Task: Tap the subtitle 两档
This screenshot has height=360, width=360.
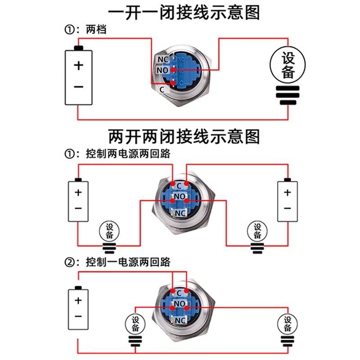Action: (96, 30)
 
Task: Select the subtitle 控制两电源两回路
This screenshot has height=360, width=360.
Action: (128, 153)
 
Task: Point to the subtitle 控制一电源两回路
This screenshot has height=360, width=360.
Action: (128, 262)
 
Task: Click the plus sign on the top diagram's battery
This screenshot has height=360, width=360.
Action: (79, 66)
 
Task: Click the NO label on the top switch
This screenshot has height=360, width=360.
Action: (162, 70)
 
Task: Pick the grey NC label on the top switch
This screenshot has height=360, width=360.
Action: (162, 59)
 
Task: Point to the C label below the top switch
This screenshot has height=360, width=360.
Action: (162, 90)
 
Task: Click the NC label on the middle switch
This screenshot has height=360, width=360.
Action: (180, 213)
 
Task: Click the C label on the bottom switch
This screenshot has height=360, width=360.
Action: (179, 293)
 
